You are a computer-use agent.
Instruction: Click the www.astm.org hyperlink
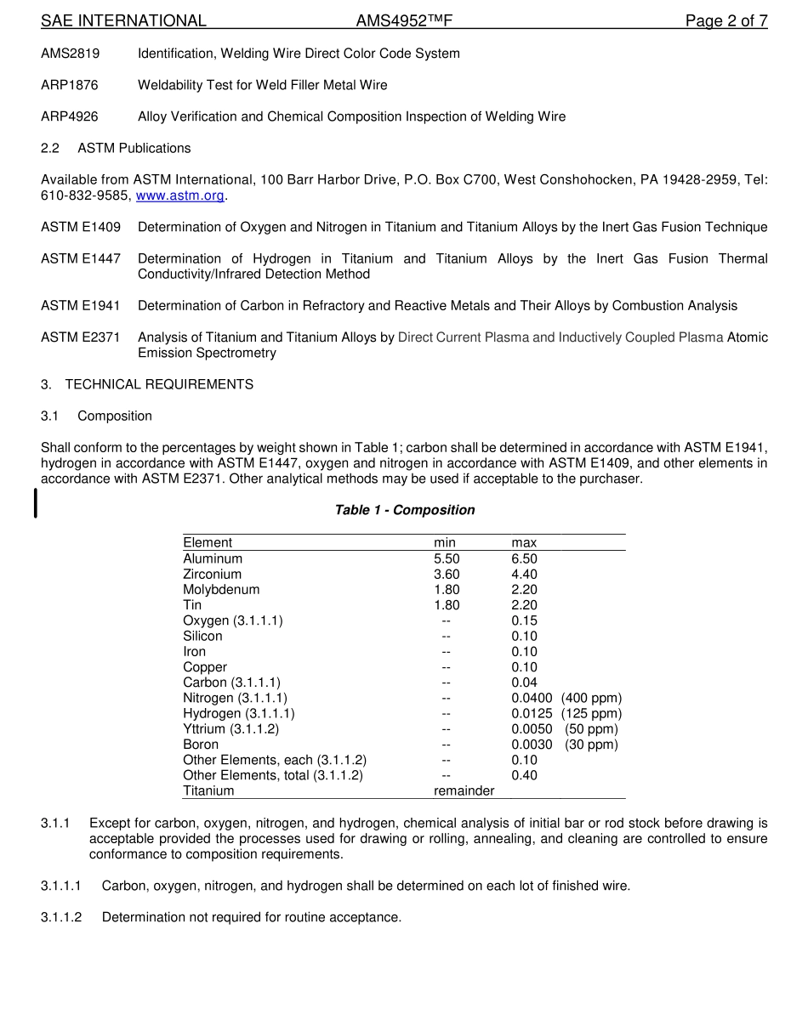179,195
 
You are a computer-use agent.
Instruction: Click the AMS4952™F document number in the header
404,21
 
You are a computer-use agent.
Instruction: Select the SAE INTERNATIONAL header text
123,21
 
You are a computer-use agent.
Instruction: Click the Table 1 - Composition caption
404,510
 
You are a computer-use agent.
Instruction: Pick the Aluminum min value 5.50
447,558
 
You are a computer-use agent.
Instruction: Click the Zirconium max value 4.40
524,575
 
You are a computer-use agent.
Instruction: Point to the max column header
524,543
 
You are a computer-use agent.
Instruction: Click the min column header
445,543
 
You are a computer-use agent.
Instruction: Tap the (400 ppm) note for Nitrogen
591,698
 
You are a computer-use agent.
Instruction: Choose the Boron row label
201,745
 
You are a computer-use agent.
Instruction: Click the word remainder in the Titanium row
464,790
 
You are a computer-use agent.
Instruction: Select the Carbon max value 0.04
524,683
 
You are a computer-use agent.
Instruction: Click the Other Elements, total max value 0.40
524,775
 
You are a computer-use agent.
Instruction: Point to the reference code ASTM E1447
81,258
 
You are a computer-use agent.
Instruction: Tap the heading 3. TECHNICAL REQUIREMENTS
147,384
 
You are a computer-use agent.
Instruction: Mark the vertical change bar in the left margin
35,502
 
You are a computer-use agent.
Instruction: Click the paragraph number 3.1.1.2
61,917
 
